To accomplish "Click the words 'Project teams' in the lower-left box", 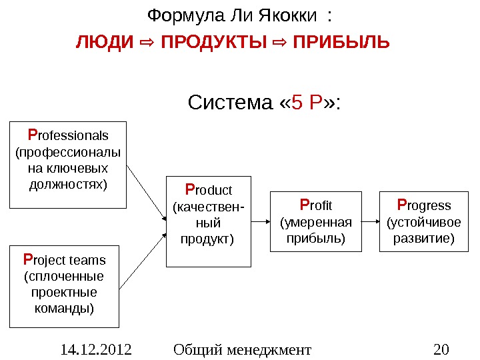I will (x=64, y=259).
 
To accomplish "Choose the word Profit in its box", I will (x=315, y=205).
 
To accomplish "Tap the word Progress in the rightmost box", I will (x=424, y=205).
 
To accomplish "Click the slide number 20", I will (x=441, y=349).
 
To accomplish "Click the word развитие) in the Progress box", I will (x=424, y=237).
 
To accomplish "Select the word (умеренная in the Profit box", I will (x=315, y=221).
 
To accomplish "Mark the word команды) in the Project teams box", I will (x=64, y=309).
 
